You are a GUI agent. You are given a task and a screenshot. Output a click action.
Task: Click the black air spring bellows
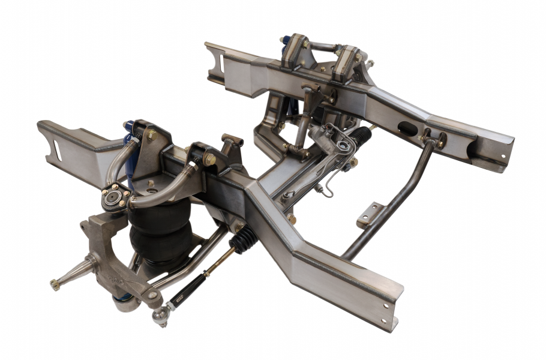pos(160,231)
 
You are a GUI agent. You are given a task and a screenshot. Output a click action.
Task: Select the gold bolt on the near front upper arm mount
pos(209,160)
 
